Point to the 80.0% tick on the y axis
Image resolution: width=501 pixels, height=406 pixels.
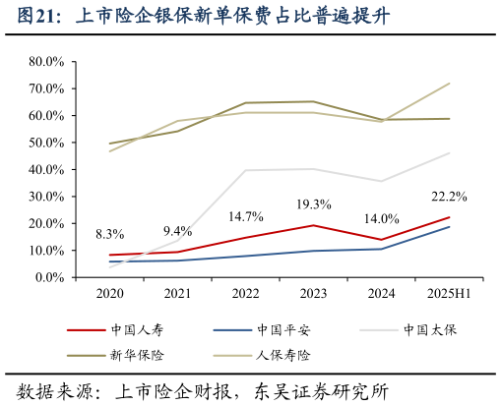(x=46, y=61)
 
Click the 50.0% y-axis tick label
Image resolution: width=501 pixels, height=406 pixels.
(x=46, y=143)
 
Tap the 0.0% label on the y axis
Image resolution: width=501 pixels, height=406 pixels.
(x=49, y=277)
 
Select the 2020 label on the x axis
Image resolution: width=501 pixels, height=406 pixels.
(x=109, y=294)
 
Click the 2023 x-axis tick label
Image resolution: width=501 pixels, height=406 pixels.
(x=313, y=294)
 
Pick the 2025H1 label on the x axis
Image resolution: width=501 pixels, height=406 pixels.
(x=449, y=294)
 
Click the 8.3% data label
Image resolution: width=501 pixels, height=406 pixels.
(x=109, y=235)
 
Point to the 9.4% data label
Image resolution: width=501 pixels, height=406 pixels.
(x=177, y=232)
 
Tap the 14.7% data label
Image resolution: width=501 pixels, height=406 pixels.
(x=245, y=216)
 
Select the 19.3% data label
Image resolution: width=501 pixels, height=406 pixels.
(x=313, y=204)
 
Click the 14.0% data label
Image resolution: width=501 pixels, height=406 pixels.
(x=381, y=219)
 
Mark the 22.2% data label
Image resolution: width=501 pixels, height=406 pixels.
(x=449, y=197)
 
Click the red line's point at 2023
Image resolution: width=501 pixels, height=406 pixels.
(x=313, y=225)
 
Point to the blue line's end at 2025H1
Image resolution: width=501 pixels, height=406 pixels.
(x=449, y=227)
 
